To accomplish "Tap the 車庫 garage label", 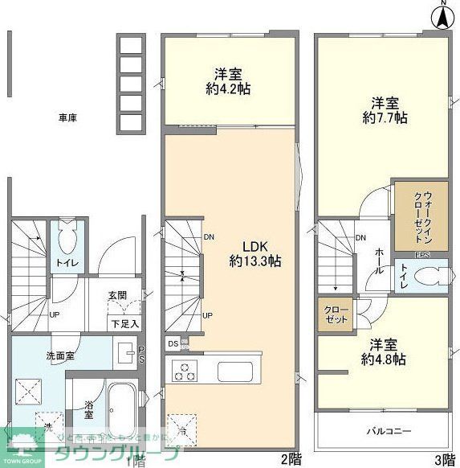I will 67,117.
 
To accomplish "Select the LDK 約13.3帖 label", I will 255,253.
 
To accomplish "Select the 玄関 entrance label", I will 119,295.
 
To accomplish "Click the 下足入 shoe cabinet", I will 124,324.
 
